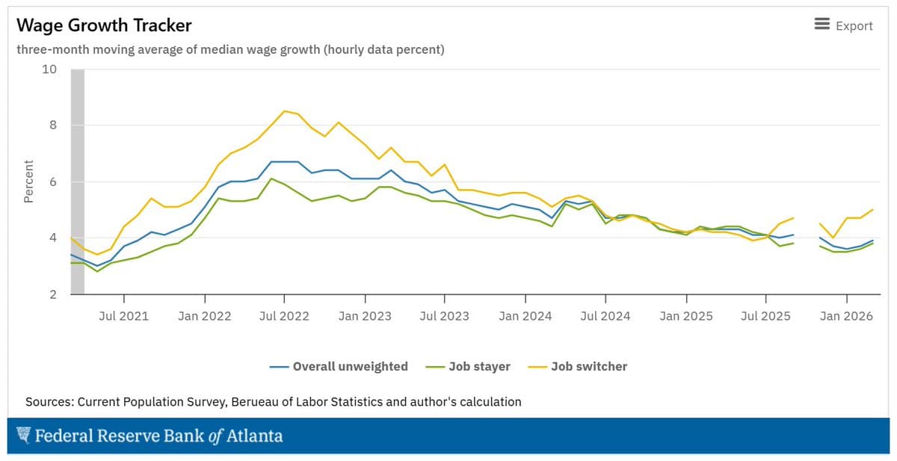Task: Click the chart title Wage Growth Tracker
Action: pyautogui.click(x=104, y=25)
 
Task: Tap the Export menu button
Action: pyautogui.click(x=843, y=25)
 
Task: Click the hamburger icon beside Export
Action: pyautogui.click(x=822, y=25)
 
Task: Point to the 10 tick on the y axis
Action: pyautogui.click(x=49, y=69)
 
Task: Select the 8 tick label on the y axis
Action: pyautogui.click(x=52, y=126)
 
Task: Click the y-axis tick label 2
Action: pyautogui.click(x=52, y=294)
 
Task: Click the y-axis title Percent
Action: pyautogui.click(x=28, y=182)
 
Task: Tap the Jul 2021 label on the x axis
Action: pyautogui.click(x=123, y=316)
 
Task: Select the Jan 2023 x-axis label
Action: pyautogui.click(x=364, y=316)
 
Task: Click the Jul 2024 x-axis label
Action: pyautogui.click(x=605, y=316)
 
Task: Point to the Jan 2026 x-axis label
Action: pyautogui.click(x=846, y=316)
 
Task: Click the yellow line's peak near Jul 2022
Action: pyautogui.click(x=284, y=111)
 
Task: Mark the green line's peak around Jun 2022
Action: pyautogui.click(x=271, y=179)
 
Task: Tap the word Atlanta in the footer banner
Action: pyautogui.click(x=255, y=436)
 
